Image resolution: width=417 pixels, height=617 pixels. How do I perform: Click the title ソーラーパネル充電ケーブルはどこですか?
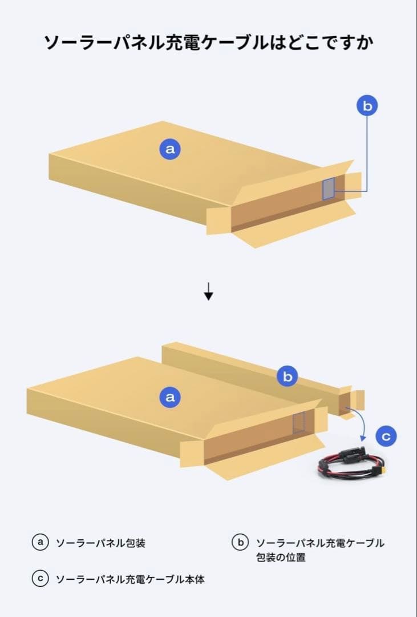pyautogui.click(x=208, y=42)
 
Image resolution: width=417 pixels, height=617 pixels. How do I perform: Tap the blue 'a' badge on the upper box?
pyautogui.click(x=170, y=149)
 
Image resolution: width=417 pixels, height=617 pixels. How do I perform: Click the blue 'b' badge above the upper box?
pyautogui.click(x=367, y=106)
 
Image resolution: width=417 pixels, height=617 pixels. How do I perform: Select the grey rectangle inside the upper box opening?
pyautogui.click(x=329, y=189)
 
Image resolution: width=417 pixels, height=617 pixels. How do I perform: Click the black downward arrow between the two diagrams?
pyautogui.click(x=209, y=291)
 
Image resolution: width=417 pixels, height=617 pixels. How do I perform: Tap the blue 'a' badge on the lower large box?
pyautogui.click(x=170, y=396)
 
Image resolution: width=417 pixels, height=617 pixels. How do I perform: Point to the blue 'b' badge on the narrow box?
pyautogui.click(x=288, y=376)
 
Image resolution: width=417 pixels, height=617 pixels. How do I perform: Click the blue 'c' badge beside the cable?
pyautogui.click(x=386, y=436)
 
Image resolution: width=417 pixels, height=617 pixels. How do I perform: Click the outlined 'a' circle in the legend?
pyautogui.click(x=40, y=542)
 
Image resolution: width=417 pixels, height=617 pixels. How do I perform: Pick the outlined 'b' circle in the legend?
pyautogui.click(x=240, y=542)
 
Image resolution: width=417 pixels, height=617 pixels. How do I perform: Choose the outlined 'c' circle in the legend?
pyautogui.click(x=40, y=578)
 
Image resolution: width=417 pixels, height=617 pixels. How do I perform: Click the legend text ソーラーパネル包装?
pyautogui.click(x=100, y=543)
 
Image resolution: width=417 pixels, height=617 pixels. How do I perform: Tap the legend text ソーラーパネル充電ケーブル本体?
pyautogui.click(x=130, y=579)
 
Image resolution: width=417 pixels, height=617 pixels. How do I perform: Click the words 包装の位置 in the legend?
pyautogui.click(x=281, y=557)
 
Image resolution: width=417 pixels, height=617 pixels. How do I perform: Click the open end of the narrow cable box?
pyautogui.click(x=345, y=403)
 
